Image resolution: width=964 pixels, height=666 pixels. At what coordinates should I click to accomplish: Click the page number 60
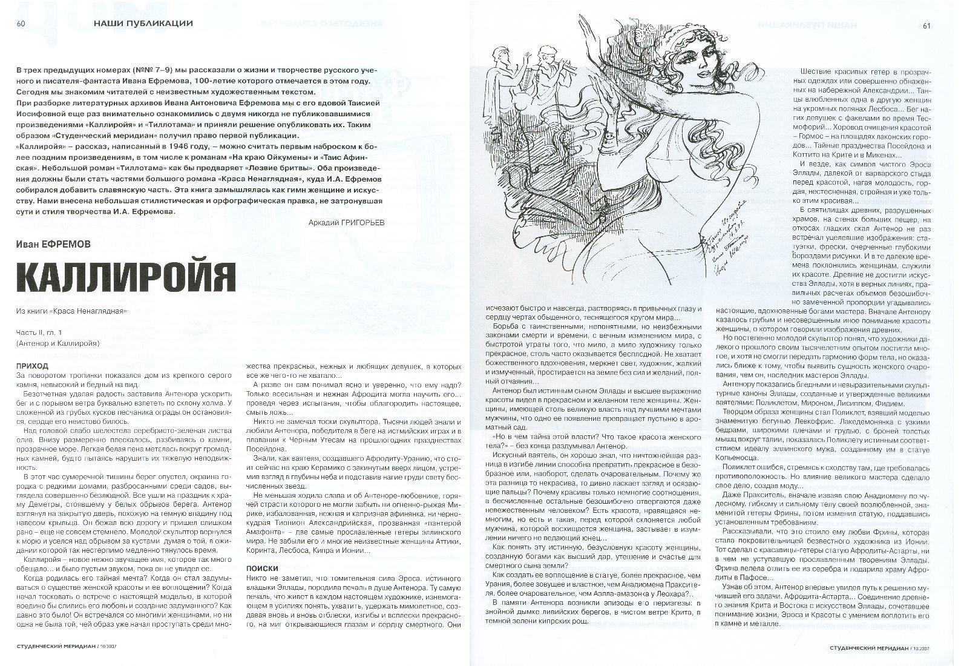pos(21,24)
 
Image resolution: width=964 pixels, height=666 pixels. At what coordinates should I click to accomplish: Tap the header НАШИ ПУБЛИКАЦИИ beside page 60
pos(143,24)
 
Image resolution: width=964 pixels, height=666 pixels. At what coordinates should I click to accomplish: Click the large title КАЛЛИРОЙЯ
pos(125,278)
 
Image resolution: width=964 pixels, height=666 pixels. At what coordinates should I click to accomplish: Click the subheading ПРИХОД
pos(33,366)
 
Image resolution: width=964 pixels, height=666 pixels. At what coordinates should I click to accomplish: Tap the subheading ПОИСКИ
pos(262,569)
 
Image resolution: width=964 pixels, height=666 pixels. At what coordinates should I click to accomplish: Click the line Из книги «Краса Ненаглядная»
pos(72,311)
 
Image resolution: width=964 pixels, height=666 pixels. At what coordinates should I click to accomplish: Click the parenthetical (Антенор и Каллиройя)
pos(58,343)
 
